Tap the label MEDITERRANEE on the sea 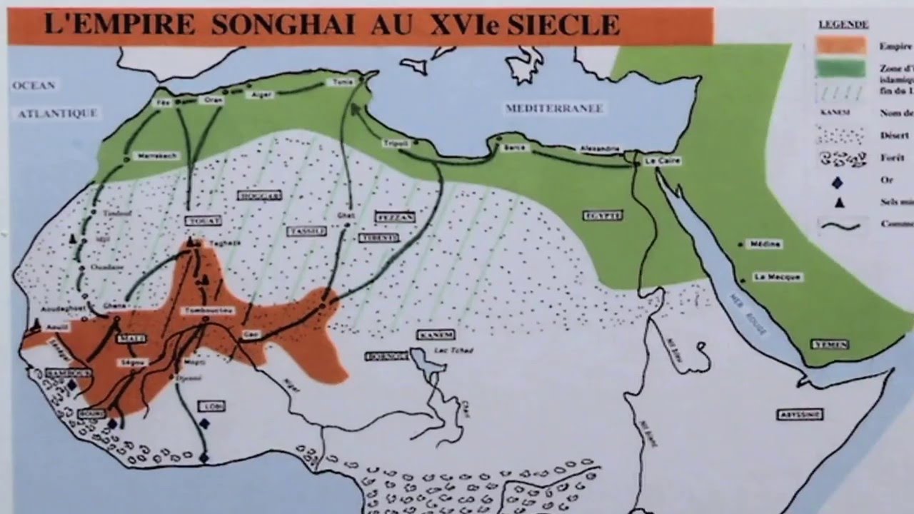tap(555, 109)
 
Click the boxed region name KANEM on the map tap(436, 334)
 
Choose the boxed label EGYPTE tap(602, 215)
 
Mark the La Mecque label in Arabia tap(779, 277)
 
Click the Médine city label tap(763, 244)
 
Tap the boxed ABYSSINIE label tap(800, 414)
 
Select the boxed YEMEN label tap(830, 344)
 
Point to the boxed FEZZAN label tap(395, 216)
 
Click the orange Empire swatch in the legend tap(841, 46)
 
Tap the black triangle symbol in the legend tap(840, 203)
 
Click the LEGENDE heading tap(843, 24)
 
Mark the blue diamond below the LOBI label tap(204, 424)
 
